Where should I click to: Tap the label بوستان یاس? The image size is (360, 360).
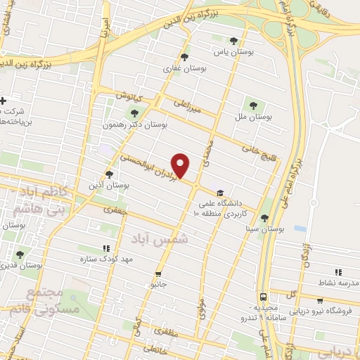click(234, 52)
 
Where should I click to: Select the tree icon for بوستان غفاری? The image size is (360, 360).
click(184, 58)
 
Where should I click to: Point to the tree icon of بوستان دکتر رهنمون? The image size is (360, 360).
click(134, 114)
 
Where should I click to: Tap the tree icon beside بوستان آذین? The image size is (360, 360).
click(108, 174)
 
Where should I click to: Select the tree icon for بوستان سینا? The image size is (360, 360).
click(264, 218)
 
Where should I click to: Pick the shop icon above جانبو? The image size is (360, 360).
click(158, 274)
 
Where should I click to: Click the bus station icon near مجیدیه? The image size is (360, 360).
click(262, 296)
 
